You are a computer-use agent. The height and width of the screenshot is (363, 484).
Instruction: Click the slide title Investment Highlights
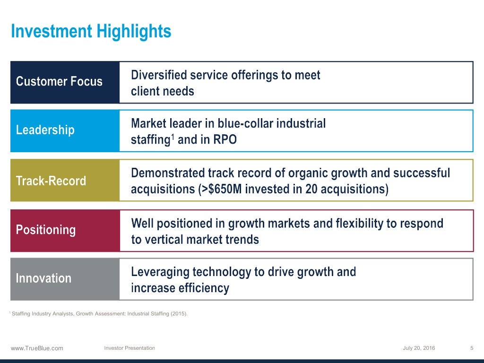pyautogui.click(x=91, y=32)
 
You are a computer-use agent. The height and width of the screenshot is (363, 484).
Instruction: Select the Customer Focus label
pyautogui.click(x=59, y=82)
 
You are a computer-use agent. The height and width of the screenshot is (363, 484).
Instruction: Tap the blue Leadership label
pyautogui.click(x=45, y=130)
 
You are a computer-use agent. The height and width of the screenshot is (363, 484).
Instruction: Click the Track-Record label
pyautogui.click(x=51, y=181)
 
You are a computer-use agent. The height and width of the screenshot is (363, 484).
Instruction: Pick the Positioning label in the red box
pyautogui.click(x=46, y=230)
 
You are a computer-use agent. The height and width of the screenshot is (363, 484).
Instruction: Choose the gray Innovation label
pyautogui.click(x=43, y=278)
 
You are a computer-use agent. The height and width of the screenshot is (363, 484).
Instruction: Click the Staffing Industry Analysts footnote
pyautogui.click(x=99, y=313)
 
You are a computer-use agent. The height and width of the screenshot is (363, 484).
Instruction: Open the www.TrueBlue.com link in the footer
pyautogui.click(x=37, y=348)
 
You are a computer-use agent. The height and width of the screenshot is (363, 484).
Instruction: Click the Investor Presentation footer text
pyautogui.click(x=130, y=348)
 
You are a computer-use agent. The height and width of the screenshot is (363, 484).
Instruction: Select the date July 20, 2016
pyautogui.click(x=419, y=348)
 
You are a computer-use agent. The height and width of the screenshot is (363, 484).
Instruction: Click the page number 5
pyautogui.click(x=472, y=348)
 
